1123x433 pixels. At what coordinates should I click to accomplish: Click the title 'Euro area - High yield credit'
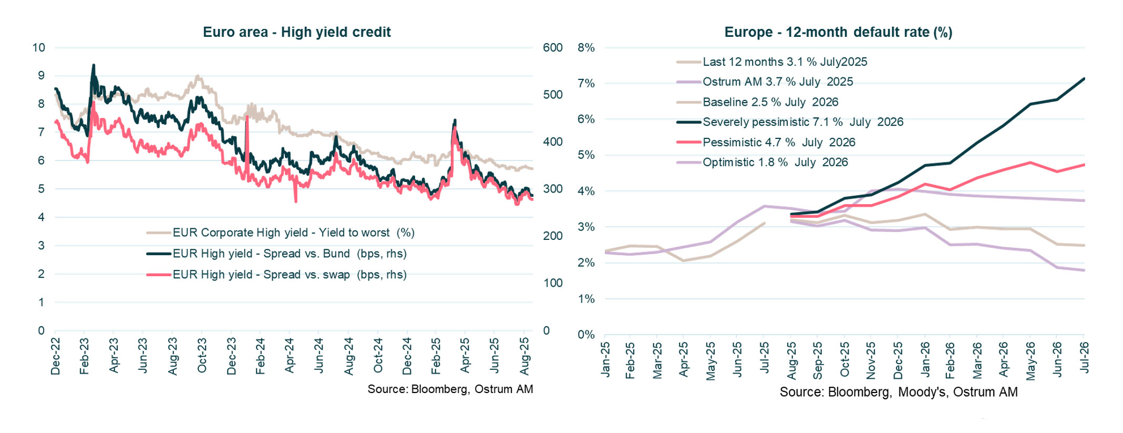(296, 32)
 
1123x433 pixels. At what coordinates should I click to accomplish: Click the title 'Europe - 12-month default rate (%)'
(838, 32)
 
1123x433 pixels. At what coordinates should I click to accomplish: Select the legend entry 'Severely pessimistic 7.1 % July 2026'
(802, 122)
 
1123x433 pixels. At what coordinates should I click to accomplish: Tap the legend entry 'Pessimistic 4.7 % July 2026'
(778, 143)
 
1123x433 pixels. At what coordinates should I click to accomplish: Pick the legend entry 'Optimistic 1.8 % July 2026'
(775, 163)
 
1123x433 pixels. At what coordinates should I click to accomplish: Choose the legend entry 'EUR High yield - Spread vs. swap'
(289, 275)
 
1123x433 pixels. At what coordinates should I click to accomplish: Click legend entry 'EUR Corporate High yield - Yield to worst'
(293, 233)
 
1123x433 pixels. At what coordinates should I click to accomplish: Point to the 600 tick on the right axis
(552, 47)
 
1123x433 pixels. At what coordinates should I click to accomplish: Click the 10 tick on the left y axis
(39, 47)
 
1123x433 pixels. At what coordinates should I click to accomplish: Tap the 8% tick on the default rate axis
(586, 47)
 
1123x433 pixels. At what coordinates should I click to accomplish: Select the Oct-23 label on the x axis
(202, 356)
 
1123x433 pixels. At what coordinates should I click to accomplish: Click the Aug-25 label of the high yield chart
(524, 356)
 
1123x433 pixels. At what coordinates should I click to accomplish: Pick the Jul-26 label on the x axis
(1084, 358)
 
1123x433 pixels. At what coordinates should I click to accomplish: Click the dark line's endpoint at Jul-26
(1084, 79)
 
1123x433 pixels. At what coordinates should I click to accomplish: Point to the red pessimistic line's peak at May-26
(1030, 163)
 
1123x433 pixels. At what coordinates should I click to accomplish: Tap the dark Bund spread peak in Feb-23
(94, 65)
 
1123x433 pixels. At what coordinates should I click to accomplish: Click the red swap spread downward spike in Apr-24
(296, 200)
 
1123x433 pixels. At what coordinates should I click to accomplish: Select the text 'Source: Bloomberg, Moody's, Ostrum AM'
(898, 392)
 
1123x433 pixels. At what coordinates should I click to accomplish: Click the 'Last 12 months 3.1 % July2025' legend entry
(785, 62)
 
